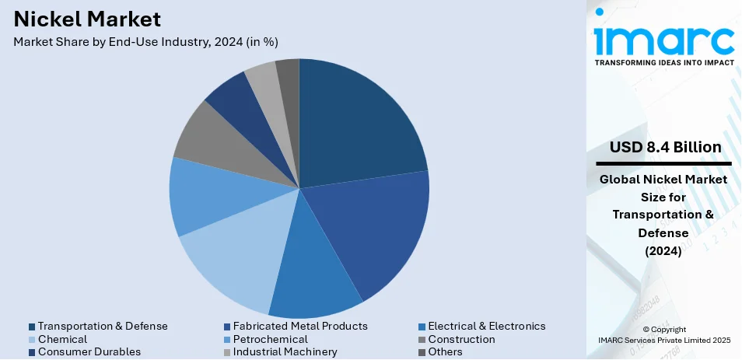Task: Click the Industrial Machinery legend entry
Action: [x=283, y=351]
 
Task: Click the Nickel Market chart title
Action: [x=87, y=19]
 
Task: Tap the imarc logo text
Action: [x=663, y=39]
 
